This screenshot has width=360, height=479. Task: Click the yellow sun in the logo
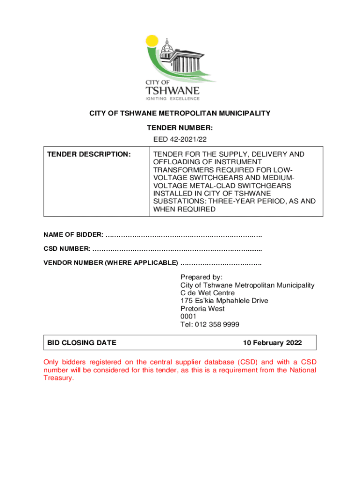152,41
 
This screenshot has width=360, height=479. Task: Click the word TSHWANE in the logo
173,90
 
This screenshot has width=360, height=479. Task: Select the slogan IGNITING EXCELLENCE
173,99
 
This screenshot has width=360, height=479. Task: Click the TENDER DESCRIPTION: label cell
87,154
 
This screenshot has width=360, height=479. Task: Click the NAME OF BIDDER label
73,234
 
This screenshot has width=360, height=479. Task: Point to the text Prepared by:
202,277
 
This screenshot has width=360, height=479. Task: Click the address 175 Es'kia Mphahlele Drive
224,301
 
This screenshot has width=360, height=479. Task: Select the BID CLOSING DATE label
82,343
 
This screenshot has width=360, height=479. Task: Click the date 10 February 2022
272,343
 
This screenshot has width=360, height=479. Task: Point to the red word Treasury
58,378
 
